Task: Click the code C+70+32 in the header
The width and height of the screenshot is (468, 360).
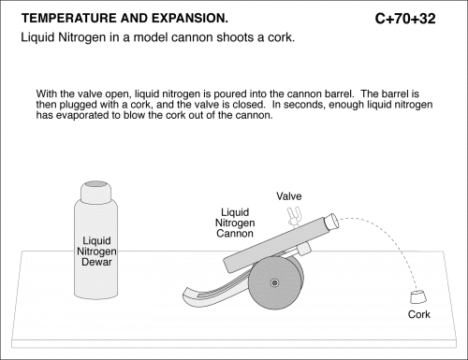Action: click(405, 19)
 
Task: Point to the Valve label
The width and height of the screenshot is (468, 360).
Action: click(289, 196)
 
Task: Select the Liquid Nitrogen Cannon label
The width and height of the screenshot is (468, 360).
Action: click(235, 223)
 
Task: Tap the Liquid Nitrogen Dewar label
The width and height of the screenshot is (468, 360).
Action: click(96, 252)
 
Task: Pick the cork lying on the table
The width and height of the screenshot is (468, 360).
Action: click(417, 296)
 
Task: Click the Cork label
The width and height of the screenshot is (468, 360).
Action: click(419, 314)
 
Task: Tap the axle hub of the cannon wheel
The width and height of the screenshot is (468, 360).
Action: click(274, 283)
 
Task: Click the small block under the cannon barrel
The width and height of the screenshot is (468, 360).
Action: click(303, 249)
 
